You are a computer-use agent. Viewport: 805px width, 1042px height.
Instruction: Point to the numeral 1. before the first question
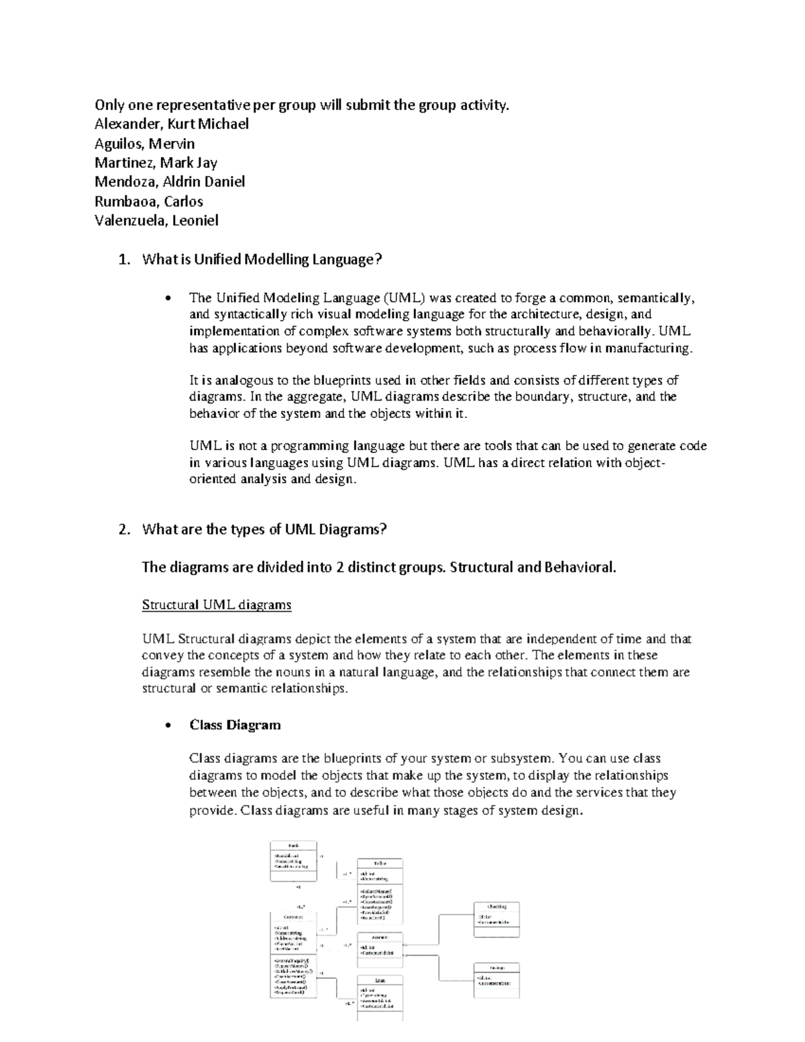pyautogui.click(x=123, y=260)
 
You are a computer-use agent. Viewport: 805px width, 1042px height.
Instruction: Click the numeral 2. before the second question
pyautogui.click(x=123, y=529)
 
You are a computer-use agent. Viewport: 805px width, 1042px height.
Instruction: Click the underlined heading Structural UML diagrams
pyautogui.click(x=217, y=605)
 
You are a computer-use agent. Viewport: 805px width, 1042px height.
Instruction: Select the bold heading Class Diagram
pyautogui.click(x=235, y=725)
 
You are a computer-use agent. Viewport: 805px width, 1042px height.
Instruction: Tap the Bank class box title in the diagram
pyautogui.click(x=293, y=845)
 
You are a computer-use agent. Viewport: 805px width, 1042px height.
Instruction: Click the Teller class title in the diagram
pyautogui.click(x=380, y=863)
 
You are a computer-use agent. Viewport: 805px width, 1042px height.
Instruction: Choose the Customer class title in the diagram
pyautogui.click(x=293, y=917)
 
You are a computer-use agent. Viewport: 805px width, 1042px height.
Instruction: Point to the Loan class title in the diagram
pyautogui.click(x=380, y=980)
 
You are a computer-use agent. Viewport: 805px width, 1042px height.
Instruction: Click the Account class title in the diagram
pyautogui.click(x=380, y=937)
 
